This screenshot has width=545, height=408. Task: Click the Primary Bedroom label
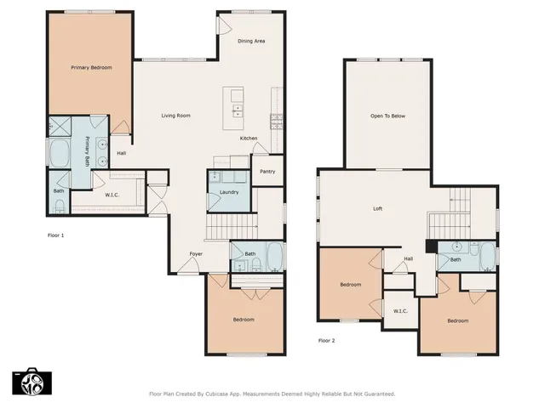(91, 67)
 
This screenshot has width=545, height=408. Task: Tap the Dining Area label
(250, 41)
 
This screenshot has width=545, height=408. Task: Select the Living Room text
(176, 115)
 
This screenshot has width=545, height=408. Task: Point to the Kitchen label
(248, 138)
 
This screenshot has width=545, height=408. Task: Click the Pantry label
(267, 171)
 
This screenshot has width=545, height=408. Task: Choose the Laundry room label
(228, 192)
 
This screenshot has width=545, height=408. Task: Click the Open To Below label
(387, 116)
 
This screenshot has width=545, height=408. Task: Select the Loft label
(378, 208)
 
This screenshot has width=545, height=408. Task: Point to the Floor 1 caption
(54, 235)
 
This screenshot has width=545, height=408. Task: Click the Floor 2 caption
(326, 340)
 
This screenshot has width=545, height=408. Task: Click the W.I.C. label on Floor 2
(400, 310)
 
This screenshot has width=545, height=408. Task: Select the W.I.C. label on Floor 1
(112, 195)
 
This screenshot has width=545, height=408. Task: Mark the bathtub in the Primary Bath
(61, 155)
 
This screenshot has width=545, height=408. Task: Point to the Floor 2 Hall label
(408, 258)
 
